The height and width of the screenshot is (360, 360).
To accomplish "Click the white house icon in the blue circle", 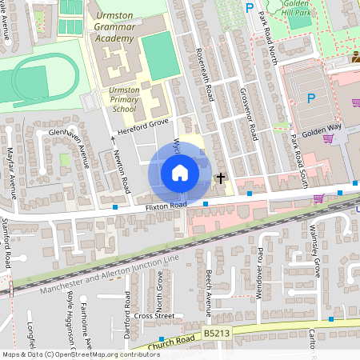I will (x=180, y=173).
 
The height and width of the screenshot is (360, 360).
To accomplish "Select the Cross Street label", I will (x=154, y=316).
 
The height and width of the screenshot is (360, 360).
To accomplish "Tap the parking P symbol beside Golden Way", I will (x=311, y=98).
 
